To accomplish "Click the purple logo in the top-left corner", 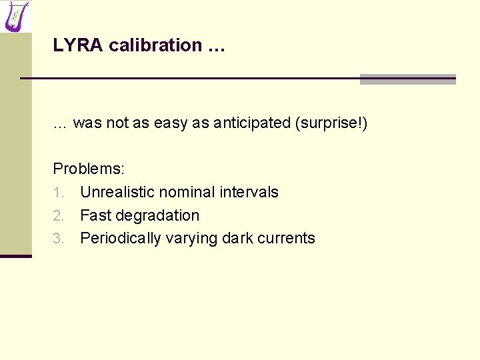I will (16, 16).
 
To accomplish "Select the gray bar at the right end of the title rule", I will (407, 79).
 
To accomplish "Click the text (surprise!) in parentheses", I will (331, 123).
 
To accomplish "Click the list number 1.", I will (58, 193).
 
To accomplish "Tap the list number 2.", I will (58, 216).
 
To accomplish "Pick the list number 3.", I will (58, 239).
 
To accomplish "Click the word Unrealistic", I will (117, 192).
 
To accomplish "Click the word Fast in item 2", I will (95, 215).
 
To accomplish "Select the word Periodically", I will (121, 239).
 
